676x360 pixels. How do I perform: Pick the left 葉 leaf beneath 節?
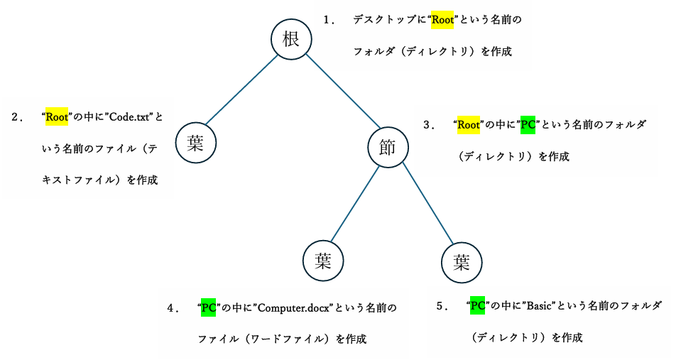[324, 261]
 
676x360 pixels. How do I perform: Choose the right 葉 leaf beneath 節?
[462, 263]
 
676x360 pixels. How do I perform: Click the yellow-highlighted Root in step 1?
[442, 20]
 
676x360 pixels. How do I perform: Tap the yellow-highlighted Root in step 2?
[56, 117]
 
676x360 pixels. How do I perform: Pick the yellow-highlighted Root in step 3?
[469, 125]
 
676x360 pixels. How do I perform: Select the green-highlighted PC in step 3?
[528, 125]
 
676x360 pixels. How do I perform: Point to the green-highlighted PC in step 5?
[477, 306]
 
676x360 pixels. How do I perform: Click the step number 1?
[328, 20]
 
